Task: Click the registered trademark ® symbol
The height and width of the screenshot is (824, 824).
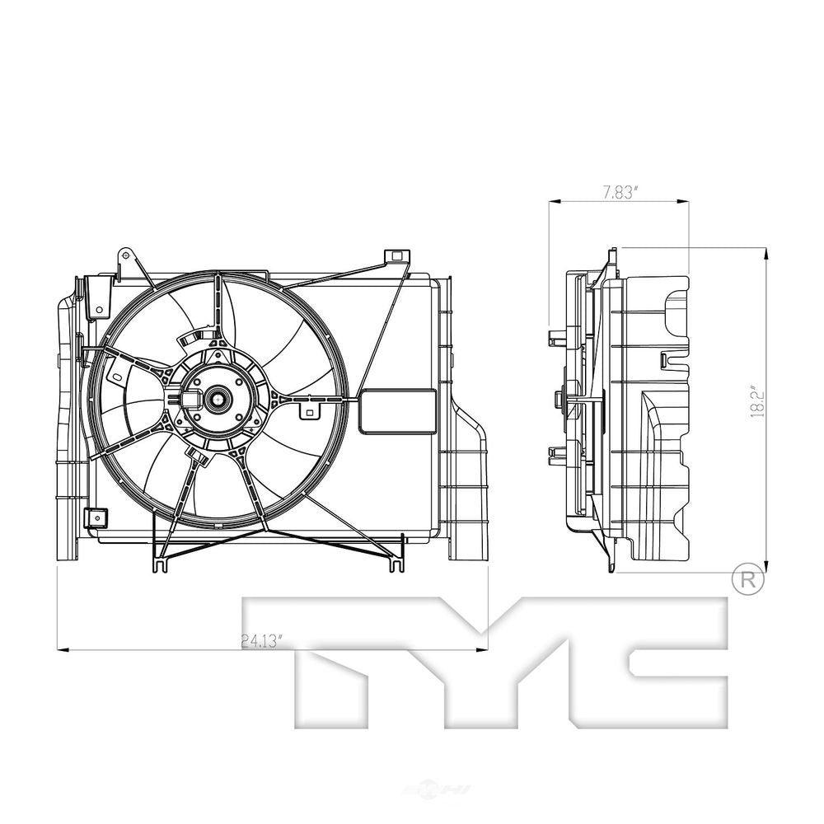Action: tap(747, 580)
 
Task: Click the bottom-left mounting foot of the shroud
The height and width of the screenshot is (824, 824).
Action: tap(159, 564)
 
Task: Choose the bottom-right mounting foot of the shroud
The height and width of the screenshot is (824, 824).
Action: tap(396, 564)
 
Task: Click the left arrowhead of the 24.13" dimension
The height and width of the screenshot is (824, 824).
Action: tap(61, 651)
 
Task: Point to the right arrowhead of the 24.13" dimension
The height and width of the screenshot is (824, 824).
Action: tap(483, 651)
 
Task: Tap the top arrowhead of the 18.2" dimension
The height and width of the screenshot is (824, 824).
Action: tap(766, 253)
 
